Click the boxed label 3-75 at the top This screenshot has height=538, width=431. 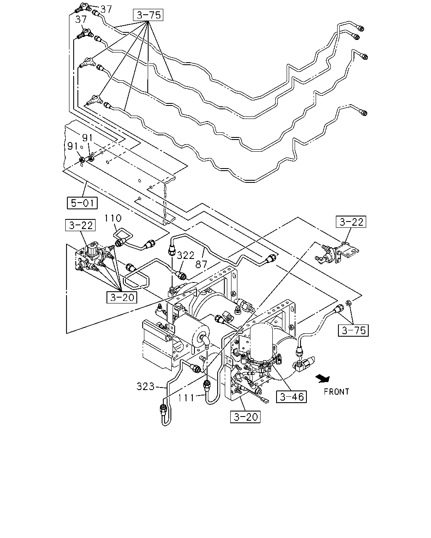click(x=148, y=15)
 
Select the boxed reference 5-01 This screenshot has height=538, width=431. click(x=82, y=203)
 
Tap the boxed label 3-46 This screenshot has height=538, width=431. click(x=291, y=397)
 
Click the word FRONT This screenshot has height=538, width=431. click(x=336, y=391)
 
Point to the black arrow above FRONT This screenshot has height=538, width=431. click(x=323, y=379)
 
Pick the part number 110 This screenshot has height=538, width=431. click(x=113, y=218)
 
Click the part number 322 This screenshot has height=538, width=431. click(x=186, y=255)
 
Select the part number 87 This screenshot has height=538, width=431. click(x=201, y=264)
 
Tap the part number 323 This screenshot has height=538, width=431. click(x=146, y=387)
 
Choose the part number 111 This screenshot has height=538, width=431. click(x=186, y=398)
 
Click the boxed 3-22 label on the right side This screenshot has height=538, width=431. click(x=351, y=222)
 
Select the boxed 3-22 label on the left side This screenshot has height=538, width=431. click(x=80, y=225)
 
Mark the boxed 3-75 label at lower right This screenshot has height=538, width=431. click(x=353, y=330)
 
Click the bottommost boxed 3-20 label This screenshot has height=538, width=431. click(x=245, y=417)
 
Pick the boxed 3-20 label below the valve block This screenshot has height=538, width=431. click(x=122, y=297)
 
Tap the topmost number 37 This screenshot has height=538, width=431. click(x=106, y=9)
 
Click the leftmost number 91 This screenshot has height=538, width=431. click(x=73, y=146)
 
